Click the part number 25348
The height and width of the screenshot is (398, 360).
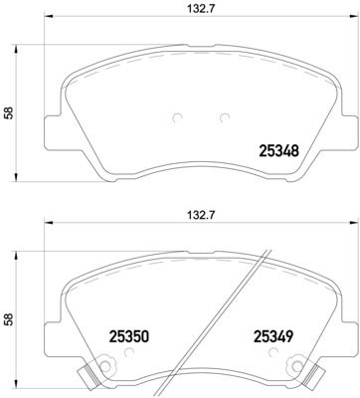coord(279,151)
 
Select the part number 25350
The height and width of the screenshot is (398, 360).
coord(128,336)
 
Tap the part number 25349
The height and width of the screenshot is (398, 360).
coord(273,336)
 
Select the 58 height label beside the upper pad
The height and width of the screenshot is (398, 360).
coord(10,113)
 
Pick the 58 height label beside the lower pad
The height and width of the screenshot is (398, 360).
coord(10,320)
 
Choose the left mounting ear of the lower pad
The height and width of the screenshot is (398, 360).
coord(52,332)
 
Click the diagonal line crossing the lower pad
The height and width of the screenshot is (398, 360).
coord(235,318)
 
